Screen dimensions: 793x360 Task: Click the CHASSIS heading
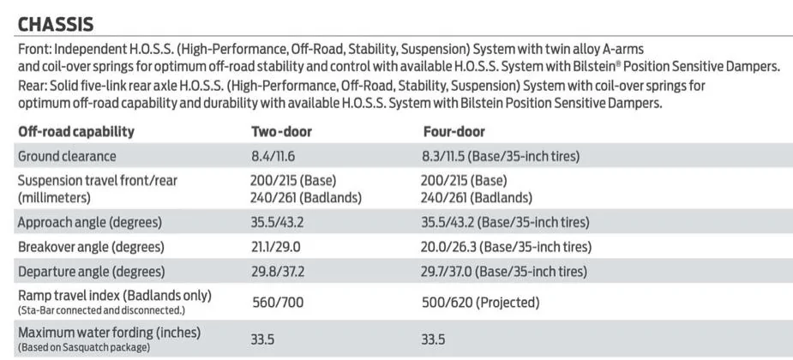coord(56,24)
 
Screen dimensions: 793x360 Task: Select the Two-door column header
coord(282,132)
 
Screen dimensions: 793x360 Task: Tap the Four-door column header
coord(454,132)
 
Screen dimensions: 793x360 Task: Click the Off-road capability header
coord(76,132)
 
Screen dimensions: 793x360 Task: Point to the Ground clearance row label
coord(67,156)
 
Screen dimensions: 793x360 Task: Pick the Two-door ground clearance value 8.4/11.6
coord(273,156)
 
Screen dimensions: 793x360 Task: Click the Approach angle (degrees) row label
coord(90,223)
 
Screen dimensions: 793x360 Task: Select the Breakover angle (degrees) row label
coord(92,247)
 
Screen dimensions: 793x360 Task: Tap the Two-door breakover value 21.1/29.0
coord(277,247)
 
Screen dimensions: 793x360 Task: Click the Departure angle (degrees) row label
coord(92,272)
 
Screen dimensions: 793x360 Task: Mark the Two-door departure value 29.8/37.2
coord(278,272)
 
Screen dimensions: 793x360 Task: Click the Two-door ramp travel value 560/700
coord(278,303)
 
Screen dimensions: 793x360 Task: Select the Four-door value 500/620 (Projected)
coord(481,303)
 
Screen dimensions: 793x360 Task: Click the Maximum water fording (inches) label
coord(109,333)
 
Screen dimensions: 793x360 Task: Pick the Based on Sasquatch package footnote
coord(84,348)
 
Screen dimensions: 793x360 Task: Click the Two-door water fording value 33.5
coord(262,339)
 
